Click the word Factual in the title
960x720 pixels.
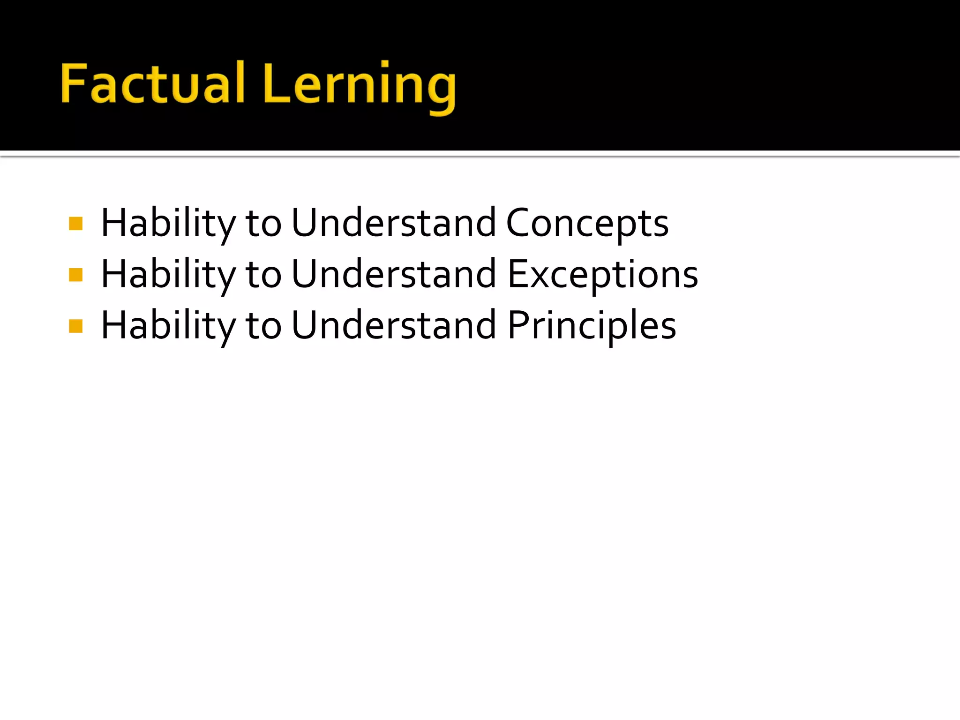tap(153, 83)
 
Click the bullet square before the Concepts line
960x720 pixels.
tap(75, 224)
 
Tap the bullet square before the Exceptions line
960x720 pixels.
tap(75, 275)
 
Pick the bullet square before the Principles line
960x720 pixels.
tap(75, 326)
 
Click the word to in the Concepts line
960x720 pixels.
tap(263, 224)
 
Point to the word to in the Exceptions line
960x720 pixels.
tap(263, 275)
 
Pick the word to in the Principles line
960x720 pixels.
tap(263, 326)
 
